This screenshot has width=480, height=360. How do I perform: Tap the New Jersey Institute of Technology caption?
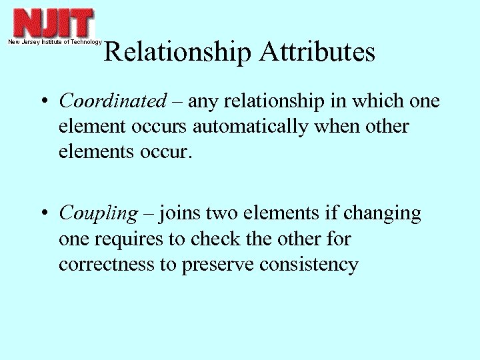point(55,42)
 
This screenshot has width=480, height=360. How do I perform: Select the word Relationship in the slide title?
point(177,53)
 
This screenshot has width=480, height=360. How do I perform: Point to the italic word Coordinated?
point(113,101)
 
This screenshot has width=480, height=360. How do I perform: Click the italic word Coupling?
point(98,213)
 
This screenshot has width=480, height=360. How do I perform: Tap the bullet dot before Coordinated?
point(43,102)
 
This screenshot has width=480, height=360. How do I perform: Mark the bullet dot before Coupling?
point(43,214)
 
